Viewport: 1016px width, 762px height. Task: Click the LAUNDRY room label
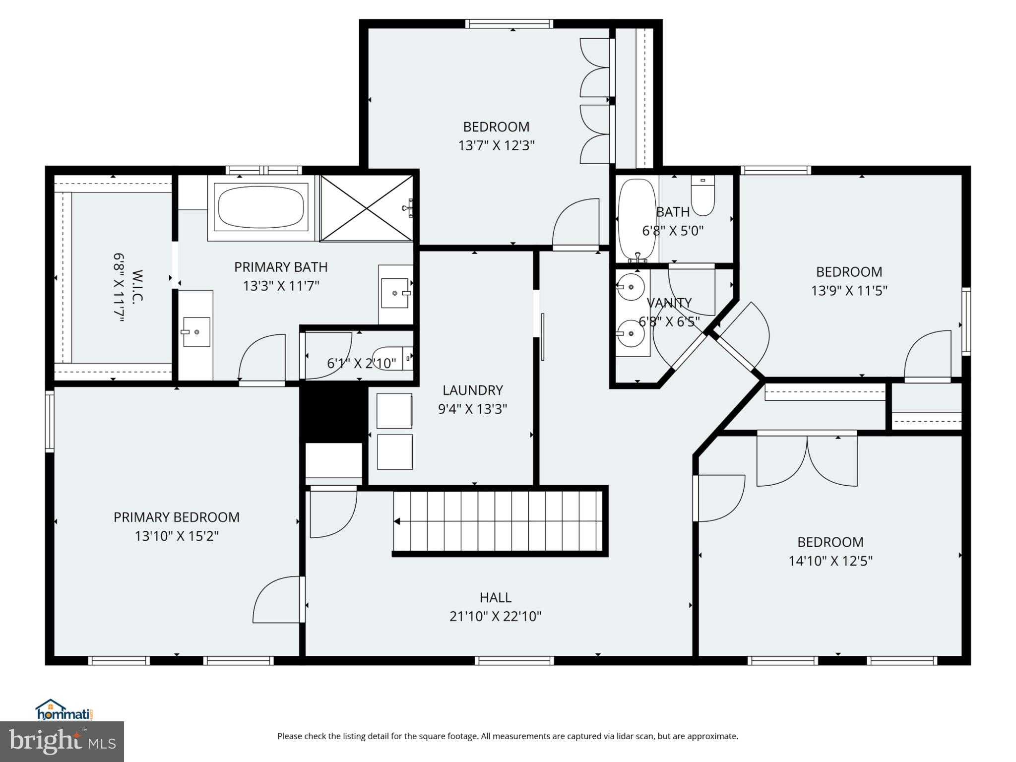coord(472,390)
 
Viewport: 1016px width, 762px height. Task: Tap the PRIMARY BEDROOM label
coord(176,517)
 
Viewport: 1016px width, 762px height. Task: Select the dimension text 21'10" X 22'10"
coord(495,616)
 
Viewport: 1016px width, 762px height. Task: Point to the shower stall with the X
coord(366,208)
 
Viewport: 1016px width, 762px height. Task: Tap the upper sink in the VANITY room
coord(631,287)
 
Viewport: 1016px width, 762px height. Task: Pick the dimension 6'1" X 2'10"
coord(361,364)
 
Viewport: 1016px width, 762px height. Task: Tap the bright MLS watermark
coord(62,741)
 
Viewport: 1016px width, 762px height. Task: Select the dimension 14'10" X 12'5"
coord(830,561)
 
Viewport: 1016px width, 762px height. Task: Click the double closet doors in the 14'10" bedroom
coord(807,459)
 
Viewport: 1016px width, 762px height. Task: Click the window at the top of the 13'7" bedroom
coord(509,23)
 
